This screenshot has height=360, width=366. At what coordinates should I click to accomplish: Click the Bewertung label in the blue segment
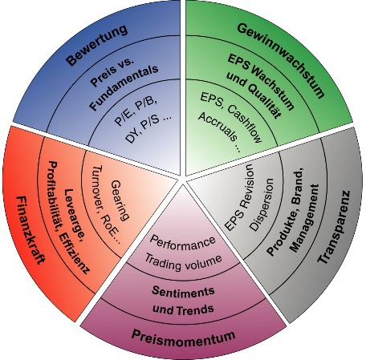97,45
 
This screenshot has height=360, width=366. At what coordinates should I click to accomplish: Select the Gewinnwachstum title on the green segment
281,61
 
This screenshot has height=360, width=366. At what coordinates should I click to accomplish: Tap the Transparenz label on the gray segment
334,227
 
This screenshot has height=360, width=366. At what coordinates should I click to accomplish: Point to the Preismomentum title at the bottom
184,338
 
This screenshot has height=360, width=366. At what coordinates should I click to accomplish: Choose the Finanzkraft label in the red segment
31,230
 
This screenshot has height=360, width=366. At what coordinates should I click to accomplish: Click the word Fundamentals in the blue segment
124,88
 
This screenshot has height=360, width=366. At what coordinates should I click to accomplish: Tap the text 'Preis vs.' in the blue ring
112,72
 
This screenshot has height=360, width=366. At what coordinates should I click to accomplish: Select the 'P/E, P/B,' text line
136,111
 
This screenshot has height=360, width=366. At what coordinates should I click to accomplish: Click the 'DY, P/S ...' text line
148,129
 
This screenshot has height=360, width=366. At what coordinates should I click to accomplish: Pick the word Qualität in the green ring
265,101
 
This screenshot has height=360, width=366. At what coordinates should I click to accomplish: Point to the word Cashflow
245,124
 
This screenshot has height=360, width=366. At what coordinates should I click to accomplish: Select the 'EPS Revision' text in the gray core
238,197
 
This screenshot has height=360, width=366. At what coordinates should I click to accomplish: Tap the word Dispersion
262,204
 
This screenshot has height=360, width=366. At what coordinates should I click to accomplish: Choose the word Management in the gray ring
305,218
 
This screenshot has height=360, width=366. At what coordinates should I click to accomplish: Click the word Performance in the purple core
182,243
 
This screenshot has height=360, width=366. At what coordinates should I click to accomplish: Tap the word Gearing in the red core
120,200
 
